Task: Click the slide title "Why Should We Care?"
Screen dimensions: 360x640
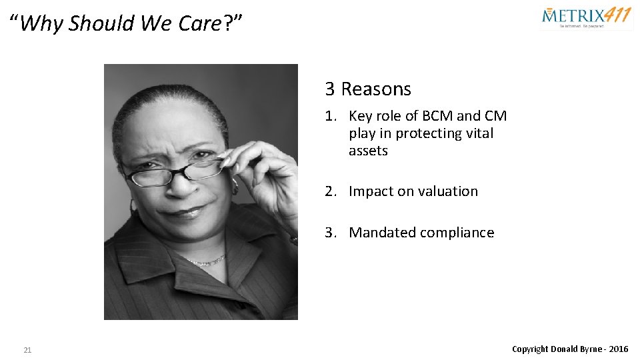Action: click(x=126, y=24)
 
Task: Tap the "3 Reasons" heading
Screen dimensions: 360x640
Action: click(x=368, y=89)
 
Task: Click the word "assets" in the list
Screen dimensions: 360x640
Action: click(x=368, y=151)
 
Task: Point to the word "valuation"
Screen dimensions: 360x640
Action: click(x=448, y=191)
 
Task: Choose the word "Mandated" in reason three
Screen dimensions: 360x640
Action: click(x=380, y=233)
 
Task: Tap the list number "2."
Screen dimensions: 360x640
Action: click(x=331, y=191)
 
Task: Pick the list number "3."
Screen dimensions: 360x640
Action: click(x=331, y=233)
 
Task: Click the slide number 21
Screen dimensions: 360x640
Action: click(x=27, y=350)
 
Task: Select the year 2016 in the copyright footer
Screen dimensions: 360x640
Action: click(x=618, y=349)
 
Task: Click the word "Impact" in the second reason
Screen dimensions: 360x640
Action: click(x=371, y=191)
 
